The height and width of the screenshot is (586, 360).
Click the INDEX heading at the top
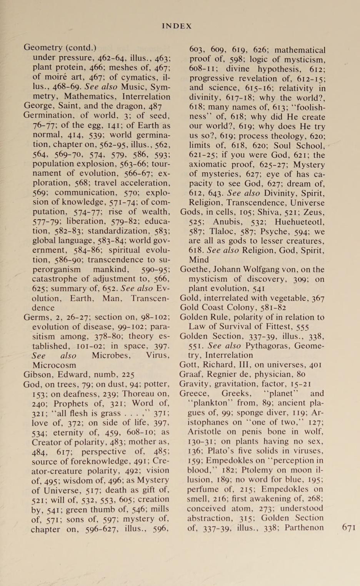(x=177, y=26)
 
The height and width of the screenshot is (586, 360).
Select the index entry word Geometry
(x=43, y=48)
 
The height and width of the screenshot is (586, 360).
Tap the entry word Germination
(x=47, y=115)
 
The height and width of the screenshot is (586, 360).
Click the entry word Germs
(x=37, y=317)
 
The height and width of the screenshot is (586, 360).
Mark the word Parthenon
(x=304, y=528)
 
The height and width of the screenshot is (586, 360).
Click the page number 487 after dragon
(x=155, y=106)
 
